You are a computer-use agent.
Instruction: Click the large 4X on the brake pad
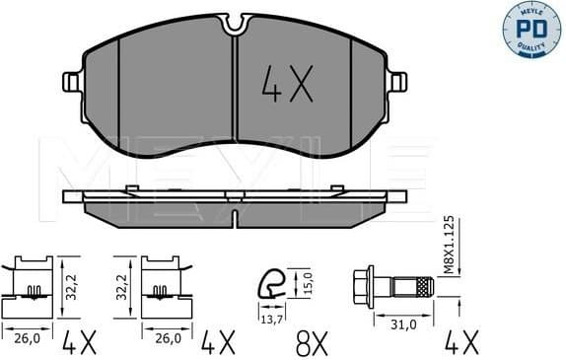(x=285, y=87)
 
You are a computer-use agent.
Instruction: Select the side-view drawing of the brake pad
(x=234, y=204)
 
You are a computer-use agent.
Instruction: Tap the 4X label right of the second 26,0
(x=218, y=343)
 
